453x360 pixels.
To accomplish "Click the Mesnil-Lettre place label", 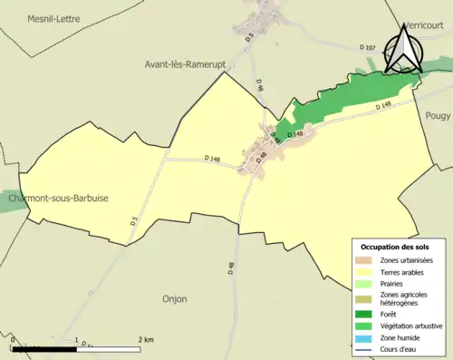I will point(53,18).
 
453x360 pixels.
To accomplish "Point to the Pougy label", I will point(439,115).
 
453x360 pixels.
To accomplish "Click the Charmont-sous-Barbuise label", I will point(61,199).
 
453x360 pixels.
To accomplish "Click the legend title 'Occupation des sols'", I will point(395,247).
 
